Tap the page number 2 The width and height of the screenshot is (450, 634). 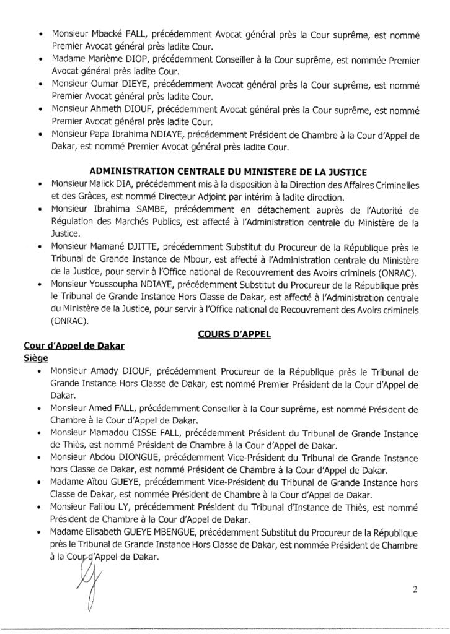[x=414, y=589]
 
